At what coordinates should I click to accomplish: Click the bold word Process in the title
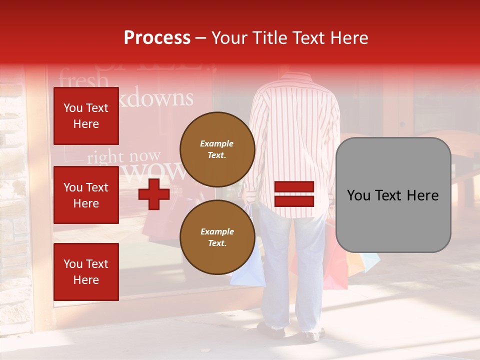pos(157,38)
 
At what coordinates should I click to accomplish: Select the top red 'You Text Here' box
pos(86,116)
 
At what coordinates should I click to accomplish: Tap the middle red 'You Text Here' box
pos(86,195)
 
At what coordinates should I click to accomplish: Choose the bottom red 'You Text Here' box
pos(86,272)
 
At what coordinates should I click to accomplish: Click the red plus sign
pos(154,194)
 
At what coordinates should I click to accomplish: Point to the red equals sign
pos(294,194)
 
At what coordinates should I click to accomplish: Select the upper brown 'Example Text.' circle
pos(217,149)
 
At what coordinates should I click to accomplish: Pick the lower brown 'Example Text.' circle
pos(217,237)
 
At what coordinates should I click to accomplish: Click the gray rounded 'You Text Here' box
pos(393,195)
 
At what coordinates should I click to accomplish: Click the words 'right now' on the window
pos(124,157)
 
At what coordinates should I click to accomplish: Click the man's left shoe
pos(270,329)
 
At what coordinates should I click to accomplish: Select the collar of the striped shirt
pos(295,77)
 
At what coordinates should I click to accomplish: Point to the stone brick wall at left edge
pos(12,200)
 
